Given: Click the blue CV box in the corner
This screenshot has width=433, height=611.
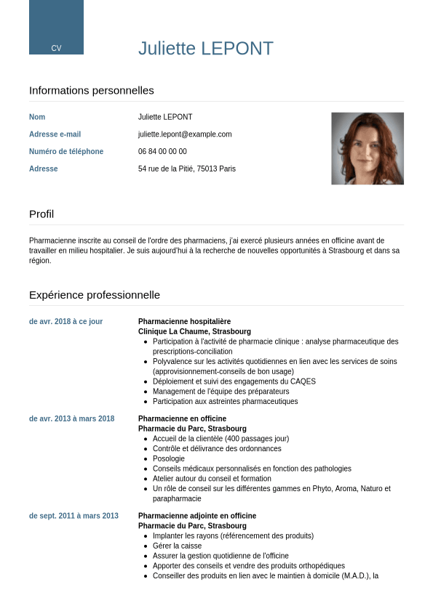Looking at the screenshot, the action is pyautogui.click(x=56, y=28).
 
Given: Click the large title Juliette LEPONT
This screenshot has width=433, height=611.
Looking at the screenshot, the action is pyautogui.click(x=206, y=49).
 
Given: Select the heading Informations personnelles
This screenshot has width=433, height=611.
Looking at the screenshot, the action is pyautogui.click(x=92, y=91).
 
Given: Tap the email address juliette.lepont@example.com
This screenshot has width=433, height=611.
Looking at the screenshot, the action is pyautogui.click(x=185, y=134).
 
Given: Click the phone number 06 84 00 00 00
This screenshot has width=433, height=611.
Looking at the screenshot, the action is pyautogui.click(x=162, y=152).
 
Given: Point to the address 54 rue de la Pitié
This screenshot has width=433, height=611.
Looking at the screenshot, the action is pyautogui.click(x=187, y=169).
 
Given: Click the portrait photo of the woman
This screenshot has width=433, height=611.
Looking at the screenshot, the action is pyautogui.click(x=368, y=148).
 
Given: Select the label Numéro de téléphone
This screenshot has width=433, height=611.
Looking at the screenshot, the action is pyautogui.click(x=66, y=152).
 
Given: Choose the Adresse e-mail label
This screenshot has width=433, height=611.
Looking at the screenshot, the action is pyautogui.click(x=55, y=134).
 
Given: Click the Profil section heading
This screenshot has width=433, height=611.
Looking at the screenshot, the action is pyautogui.click(x=41, y=214).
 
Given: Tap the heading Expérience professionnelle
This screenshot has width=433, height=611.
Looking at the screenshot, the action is pyautogui.click(x=95, y=295).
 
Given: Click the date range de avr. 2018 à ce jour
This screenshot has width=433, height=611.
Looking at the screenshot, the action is pyautogui.click(x=65, y=322).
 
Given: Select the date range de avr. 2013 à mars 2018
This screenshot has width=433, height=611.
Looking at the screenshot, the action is pyautogui.click(x=71, y=419).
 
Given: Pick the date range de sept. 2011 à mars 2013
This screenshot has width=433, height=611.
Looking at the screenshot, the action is pyautogui.click(x=74, y=517).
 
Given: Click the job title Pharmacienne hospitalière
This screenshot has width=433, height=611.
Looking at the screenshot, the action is pyautogui.click(x=184, y=322).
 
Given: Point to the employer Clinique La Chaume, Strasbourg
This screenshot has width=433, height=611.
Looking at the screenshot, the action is pyautogui.click(x=194, y=331).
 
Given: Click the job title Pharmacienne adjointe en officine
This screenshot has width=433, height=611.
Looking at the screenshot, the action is pyautogui.click(x=197, y=517).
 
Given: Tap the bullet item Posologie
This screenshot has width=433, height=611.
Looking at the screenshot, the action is pyautogui.click(x=169, y=459).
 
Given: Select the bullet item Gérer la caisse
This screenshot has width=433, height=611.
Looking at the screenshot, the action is pyautogui.click(x=178, y=546).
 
